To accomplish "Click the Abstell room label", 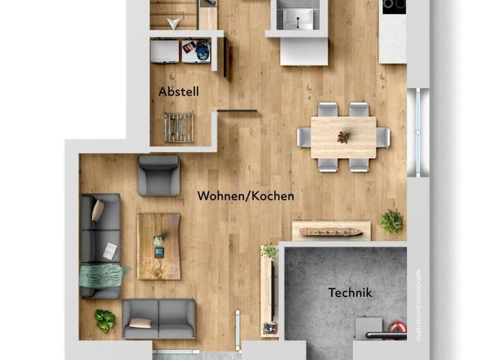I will [178, 92].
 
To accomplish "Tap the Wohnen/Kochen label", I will [246, 195].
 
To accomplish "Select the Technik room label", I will [350, 293].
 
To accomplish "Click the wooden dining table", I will [343, 137].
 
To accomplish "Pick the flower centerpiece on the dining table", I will [343, 137].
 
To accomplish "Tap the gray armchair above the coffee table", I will [159, 175].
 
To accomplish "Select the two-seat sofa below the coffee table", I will [159, 319].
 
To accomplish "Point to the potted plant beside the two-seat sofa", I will [104, 319].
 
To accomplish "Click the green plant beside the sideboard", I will [391, 221].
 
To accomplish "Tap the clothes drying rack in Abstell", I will [179, 127].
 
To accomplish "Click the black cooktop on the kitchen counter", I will [394, 6].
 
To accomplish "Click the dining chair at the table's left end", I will [304, 137].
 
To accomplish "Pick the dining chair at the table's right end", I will [383, 137].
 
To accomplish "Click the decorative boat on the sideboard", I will [331, 231].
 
